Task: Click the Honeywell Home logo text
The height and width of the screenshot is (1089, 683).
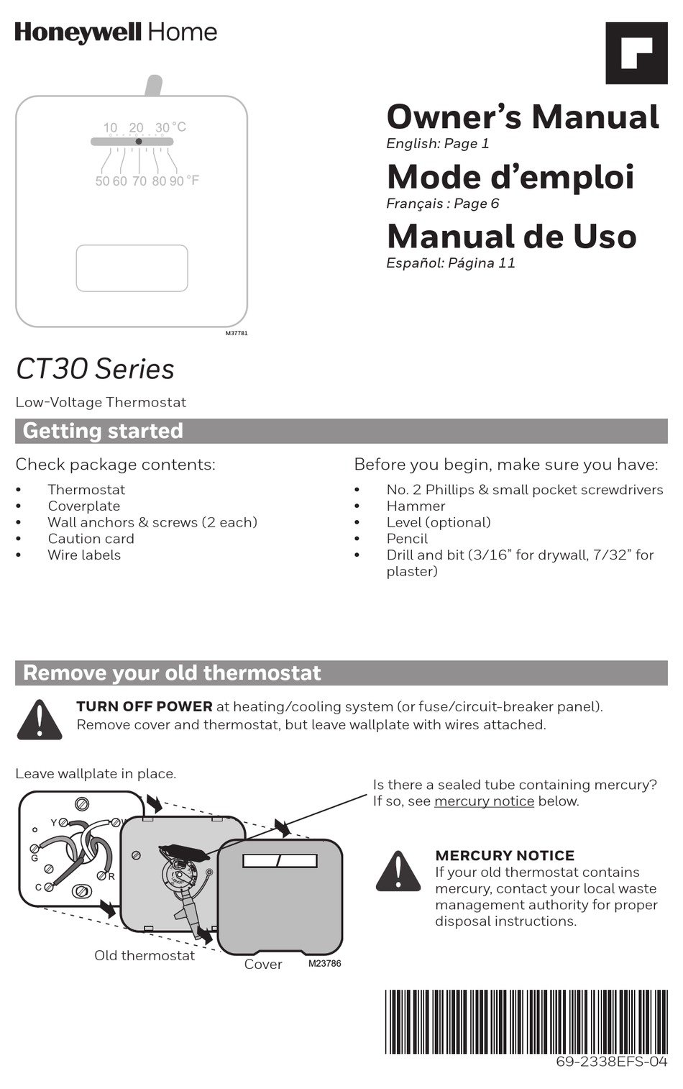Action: click(116, 32)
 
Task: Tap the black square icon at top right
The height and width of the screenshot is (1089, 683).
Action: click(636, 53)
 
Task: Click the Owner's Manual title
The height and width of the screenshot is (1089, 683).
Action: click(523, 117)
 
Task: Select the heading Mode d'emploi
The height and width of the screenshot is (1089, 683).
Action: click(510, 177)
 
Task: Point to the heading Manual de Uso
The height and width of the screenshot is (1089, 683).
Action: click(511, 237)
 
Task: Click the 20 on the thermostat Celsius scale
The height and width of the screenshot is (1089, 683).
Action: click(136, 127)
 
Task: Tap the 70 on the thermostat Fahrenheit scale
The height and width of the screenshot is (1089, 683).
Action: click(139, 181)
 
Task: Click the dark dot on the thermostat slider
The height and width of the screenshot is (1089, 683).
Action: click(139, 142)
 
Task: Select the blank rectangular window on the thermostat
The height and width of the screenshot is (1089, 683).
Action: click(132, 268)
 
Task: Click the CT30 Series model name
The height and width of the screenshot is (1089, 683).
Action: click(95, 369)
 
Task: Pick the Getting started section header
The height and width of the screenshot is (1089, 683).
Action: click(103, 431)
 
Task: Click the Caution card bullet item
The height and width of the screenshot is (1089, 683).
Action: click(91, 539)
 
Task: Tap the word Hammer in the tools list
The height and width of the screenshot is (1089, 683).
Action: click(416, 506)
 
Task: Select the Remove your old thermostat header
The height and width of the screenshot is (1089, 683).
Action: click(172, 673)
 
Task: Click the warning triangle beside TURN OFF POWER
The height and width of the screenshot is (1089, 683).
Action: click(40, 720)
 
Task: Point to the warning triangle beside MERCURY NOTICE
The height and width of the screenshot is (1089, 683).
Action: click(398, 872)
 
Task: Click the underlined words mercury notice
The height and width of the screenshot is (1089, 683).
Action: click(484, 801)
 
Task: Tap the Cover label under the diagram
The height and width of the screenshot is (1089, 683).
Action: click(263, 965)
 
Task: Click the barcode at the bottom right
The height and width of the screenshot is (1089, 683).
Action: click(526, 1021)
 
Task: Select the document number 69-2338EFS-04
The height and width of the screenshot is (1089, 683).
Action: click(611, 1062)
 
